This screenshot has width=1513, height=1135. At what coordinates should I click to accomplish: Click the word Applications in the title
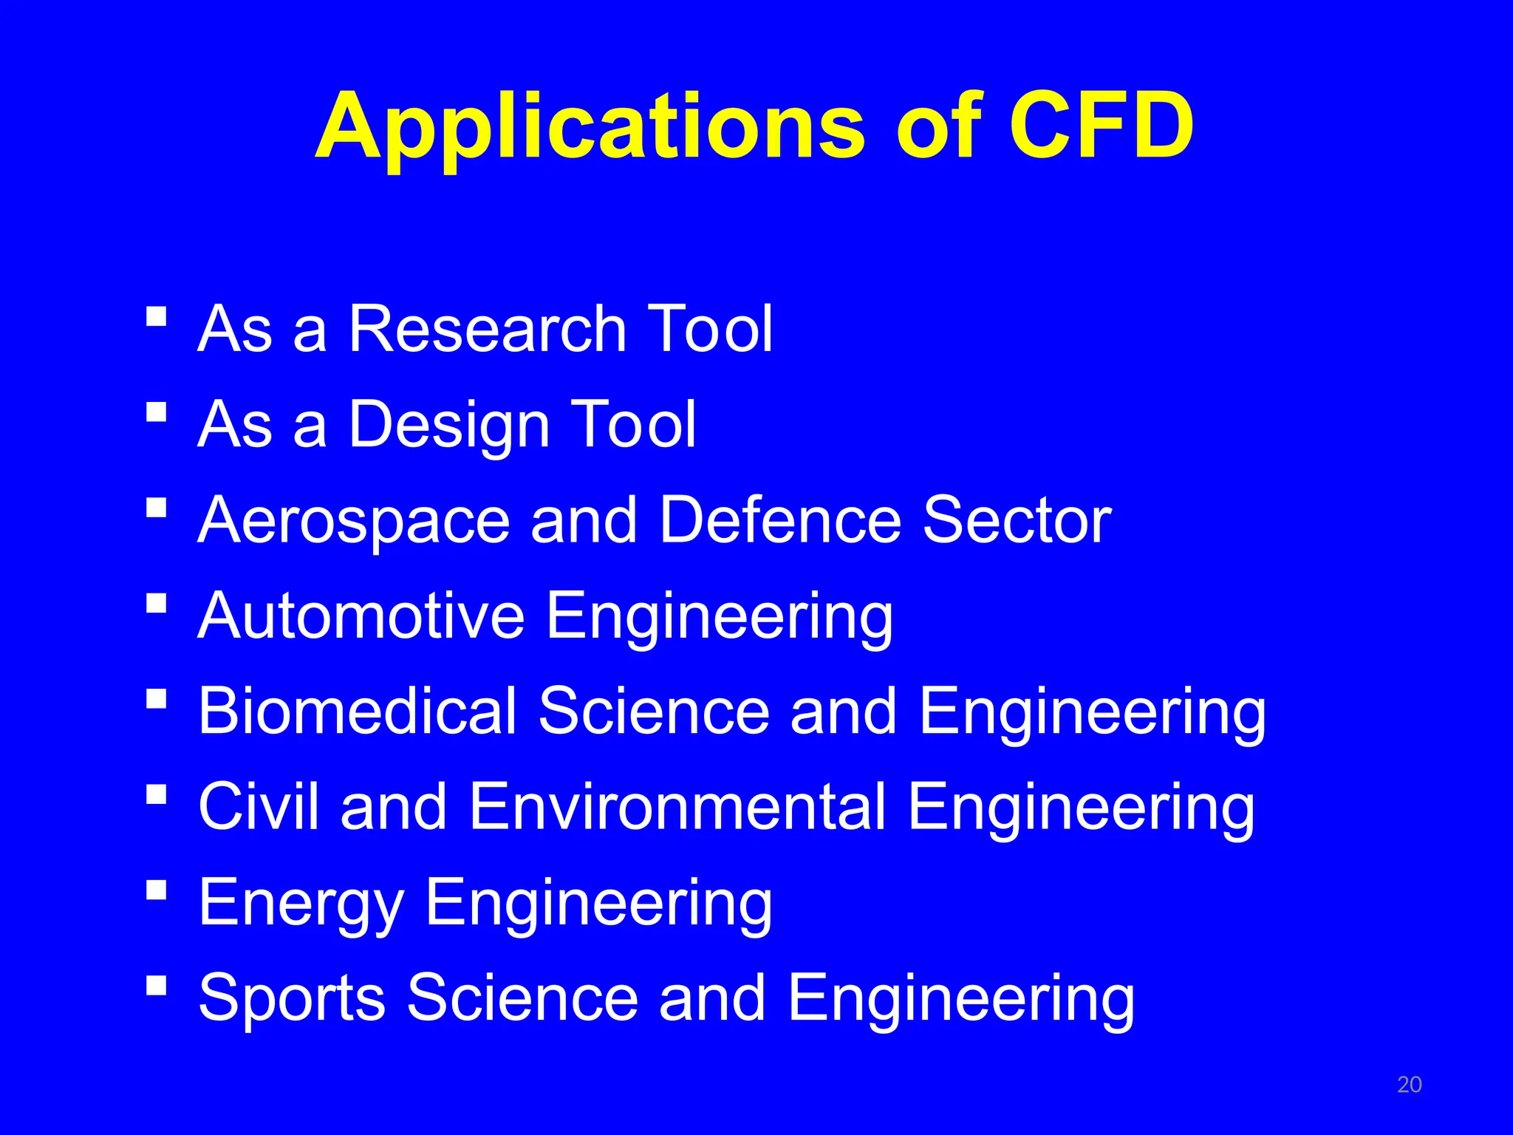pyautogui.click(x=590, y=127)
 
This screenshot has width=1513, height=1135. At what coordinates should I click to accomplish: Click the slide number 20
pyautogui.click(x=1409, y=1085)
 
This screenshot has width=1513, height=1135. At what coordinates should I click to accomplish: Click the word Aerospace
pyautogui.click(x=354, y=520)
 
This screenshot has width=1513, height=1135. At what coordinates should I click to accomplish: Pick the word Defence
pyautogui.click(x=780, y=519)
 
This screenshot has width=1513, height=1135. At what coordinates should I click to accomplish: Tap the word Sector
pyautogui.click(x=1017, y=519)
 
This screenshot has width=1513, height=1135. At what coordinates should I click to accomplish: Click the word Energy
pyautogui.click(x=301, y=902)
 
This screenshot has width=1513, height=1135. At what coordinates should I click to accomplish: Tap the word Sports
pyautogui.click(x=292, y=998)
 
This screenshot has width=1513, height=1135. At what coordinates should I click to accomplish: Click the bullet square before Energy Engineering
pyautogui.click(x=156, y=888)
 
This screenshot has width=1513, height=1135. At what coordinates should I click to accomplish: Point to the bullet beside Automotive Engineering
pyautogui.click(x=156, y=603)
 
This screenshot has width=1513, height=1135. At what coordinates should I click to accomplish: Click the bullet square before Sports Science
pyautogui.click(x=156, y=984)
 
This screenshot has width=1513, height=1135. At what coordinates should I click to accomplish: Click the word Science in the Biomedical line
pyautogui.click(x=654, y=711)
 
